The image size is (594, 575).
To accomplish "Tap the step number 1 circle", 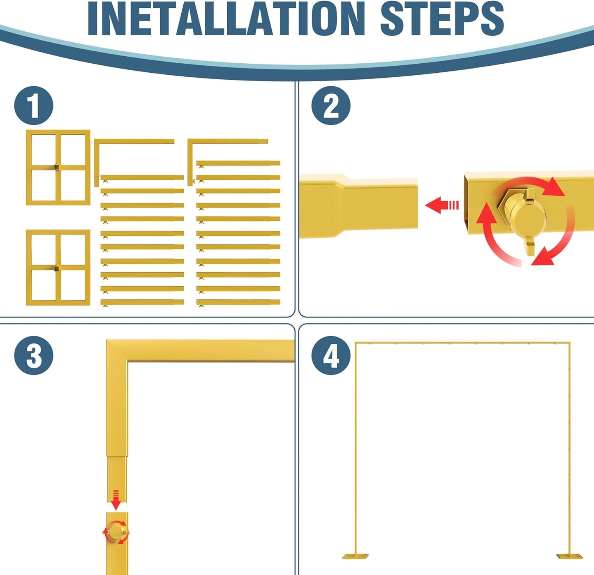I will click(x=34, y=106).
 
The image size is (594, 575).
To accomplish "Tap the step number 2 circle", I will click(x=331, y=106).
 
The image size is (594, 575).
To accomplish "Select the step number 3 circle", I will click(x=34, y=355).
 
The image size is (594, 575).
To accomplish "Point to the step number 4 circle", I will click(x=331, y=355).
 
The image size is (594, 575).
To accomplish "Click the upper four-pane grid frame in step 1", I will click(x=58, y=167).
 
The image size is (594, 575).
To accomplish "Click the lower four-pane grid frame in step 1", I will click(x=58, y=267).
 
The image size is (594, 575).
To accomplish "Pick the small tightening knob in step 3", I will click(x=116, y=532).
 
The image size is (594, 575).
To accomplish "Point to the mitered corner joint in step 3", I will click(x=117, y=350).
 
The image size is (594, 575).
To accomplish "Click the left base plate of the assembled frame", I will click(x=355, y=557).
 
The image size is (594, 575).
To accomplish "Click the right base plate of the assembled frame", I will click(x=570, y=557).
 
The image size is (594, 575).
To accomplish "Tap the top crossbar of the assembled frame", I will click(x=462, y=343).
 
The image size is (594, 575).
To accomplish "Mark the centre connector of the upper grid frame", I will click(x=58, y=167).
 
